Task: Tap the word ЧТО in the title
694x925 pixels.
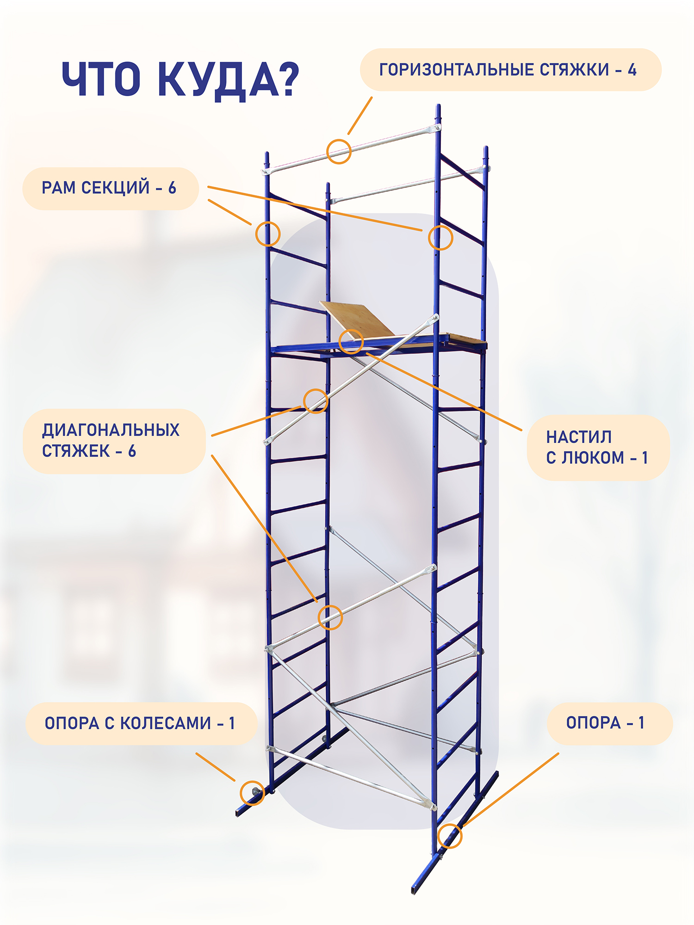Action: pyautogui.click(x=101, y=79)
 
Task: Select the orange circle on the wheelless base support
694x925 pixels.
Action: pyautogui.click(x=438, y=836)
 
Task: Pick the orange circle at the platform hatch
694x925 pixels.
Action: pyautogui.click(x=340, y=342)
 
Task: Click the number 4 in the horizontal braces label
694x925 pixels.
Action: pyautogui.click(x=632, y=70)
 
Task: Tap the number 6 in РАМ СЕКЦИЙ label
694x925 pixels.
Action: pyautogui.click(x=172, y=188)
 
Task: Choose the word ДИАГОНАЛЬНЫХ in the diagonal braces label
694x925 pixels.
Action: pyautogui.click(x=111, y=431)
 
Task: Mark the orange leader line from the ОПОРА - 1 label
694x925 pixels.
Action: pyautogui.click(x=511, y=790)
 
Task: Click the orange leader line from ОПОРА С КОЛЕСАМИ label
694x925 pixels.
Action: pyautogui.click(x=216, y=767)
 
